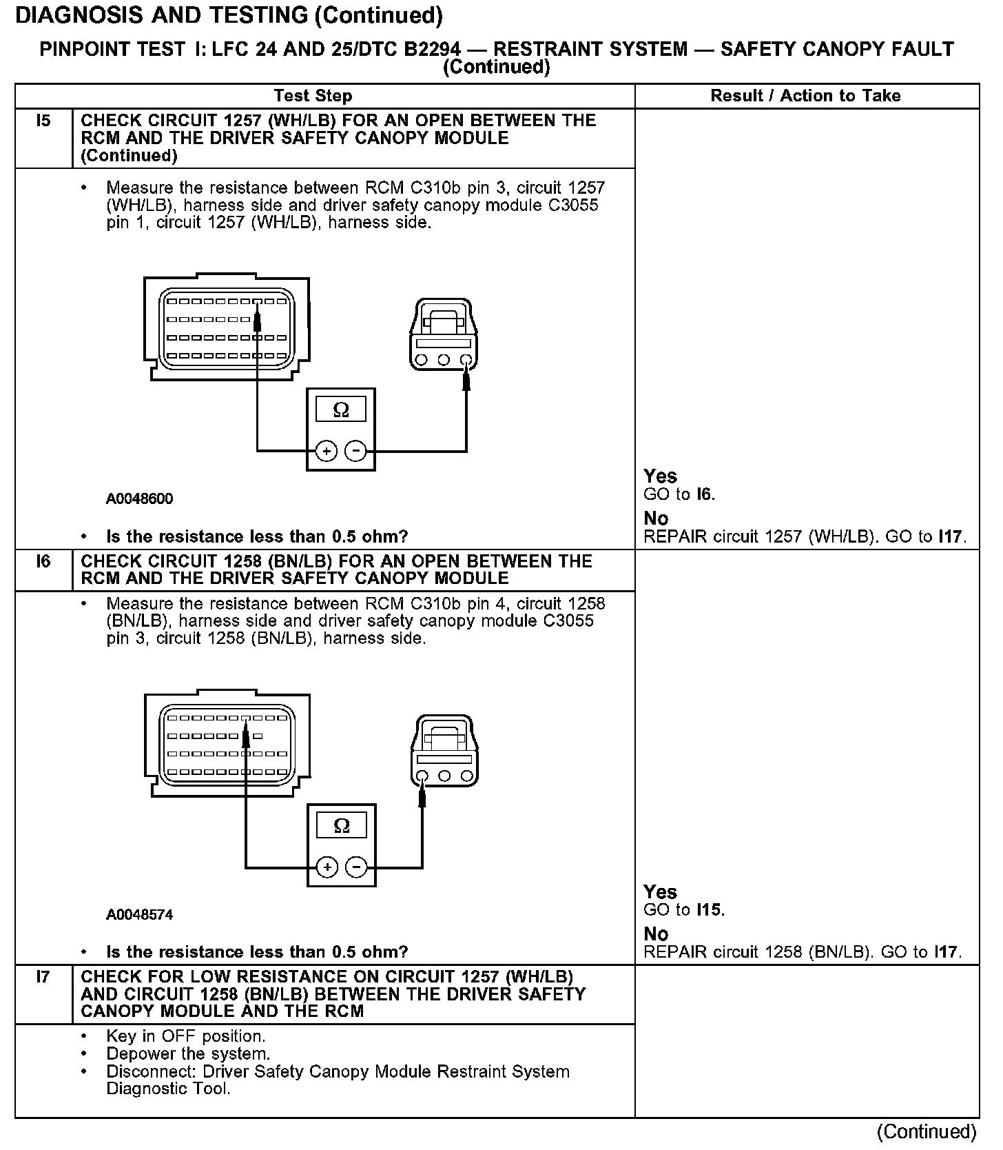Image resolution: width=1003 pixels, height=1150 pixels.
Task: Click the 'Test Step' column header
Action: [x=313, y=96]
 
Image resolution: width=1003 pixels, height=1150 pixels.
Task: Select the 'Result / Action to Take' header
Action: [x=805, y=96]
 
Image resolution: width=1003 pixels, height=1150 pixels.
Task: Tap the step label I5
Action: [x=43, y=121]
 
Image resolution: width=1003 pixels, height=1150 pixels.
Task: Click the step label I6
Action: [x=43, y=561]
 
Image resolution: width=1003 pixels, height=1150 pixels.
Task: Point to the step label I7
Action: [x=43, y=977]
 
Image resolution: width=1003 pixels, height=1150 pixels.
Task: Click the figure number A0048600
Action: [x=139, y=498]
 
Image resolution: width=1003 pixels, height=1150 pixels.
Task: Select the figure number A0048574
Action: [x=139, y=915]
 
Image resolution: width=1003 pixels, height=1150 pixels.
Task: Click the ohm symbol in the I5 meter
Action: [x=341, y=411]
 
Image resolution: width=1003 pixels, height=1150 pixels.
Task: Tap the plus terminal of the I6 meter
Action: [x=327, y=867]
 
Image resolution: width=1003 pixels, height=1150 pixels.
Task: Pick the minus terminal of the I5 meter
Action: [x=355, y=451]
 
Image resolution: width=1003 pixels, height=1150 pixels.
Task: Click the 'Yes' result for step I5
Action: [x=660, y=476]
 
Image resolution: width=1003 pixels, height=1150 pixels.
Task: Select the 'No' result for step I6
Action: [x=656, y=934]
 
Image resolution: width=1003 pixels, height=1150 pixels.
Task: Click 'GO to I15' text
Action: [x=683, y=910]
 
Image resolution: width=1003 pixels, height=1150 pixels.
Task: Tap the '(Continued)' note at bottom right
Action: [x=926, y=1132]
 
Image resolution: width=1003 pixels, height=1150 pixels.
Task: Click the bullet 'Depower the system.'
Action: [x=187, y=1054]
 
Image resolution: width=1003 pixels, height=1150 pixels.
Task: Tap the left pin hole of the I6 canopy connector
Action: [x=423, y=776]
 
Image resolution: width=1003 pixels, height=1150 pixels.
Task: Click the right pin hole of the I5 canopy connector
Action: [x=466, y=360]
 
